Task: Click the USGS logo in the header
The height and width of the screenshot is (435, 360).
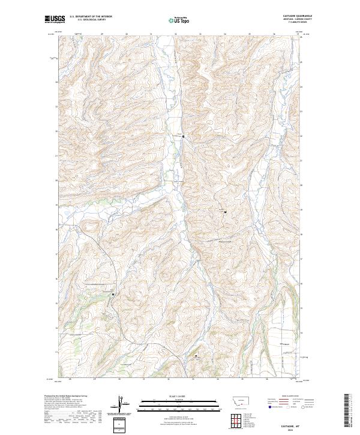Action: pos(55,19)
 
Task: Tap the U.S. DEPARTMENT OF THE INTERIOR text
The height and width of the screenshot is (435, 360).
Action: pos(91,17)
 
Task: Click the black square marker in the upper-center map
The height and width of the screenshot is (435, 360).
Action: pos(183,136)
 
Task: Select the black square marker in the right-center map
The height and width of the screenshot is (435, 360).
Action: pos(225,212)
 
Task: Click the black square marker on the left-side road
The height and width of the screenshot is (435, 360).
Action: pos(113,293)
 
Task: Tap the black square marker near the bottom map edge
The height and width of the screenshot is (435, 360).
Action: pos(196,356)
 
